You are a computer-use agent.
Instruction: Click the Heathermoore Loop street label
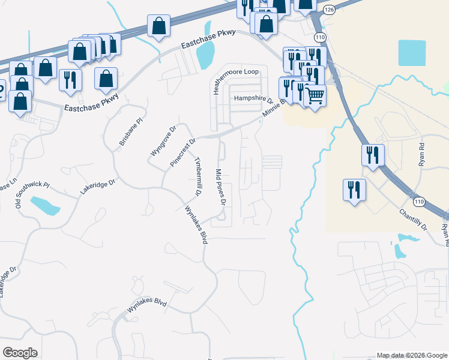tap(237, 71)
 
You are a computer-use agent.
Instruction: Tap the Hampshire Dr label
tap(253, 98)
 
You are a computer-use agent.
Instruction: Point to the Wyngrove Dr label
tap(163, 140)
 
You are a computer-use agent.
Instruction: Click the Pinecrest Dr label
tap(183, 152)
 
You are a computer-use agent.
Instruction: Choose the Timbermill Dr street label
tap(196, 176)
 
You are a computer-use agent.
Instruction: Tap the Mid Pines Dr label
tap(220, 188)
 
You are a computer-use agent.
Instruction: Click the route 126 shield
tap(328, 10)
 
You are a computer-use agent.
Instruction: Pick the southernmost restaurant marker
tap(354, 190)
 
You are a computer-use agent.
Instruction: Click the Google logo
tap(20, 353)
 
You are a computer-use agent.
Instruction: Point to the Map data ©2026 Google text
tap(412, 355)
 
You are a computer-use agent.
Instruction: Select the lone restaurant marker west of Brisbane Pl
tap(71, 80)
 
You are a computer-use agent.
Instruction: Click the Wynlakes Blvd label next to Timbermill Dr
tap(196, 225)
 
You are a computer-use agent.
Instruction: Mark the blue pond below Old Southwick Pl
tap(45, 205)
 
